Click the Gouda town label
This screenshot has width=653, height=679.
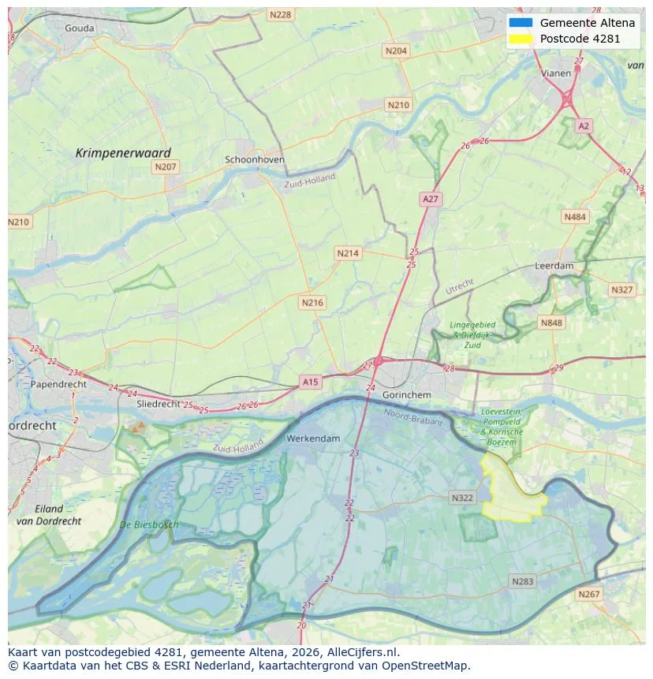coord(79,28)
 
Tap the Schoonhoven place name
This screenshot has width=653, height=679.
coord(255,159)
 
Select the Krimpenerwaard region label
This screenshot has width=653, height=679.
coord(123,153)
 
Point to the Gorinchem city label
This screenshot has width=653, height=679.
coord(405,394)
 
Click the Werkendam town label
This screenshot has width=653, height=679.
coord(313,438)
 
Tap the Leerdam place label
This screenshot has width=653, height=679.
coord(554,266)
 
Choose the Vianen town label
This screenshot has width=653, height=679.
coord(556,73)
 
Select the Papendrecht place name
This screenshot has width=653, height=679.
coord(58,384)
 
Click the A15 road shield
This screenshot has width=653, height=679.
coord(311,382)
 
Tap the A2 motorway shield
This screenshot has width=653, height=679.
coord(583,125)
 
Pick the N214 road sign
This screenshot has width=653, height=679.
coord(347,253)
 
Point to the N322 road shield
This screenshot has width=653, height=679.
coord(462,498)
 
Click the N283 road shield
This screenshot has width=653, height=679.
coord(522,581)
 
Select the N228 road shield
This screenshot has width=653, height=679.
coord(279,15)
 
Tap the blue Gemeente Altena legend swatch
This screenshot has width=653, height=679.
coord(521,23)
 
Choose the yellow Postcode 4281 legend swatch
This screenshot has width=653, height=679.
coord(521,39)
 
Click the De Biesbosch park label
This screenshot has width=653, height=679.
coord(149,524)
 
